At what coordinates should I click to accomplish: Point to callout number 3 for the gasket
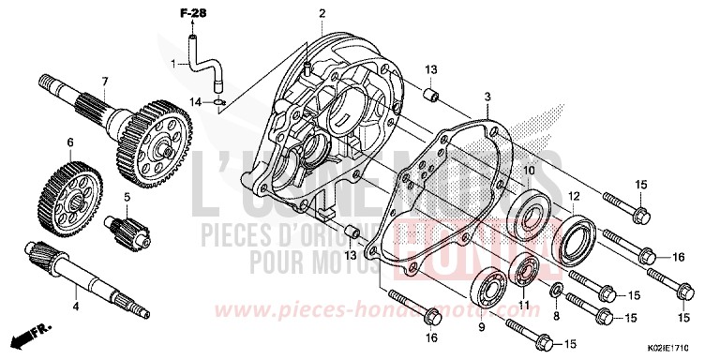click(487, 97)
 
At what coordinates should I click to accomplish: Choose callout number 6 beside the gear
click(68, 143)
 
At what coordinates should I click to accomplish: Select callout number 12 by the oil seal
click(574, 196)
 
